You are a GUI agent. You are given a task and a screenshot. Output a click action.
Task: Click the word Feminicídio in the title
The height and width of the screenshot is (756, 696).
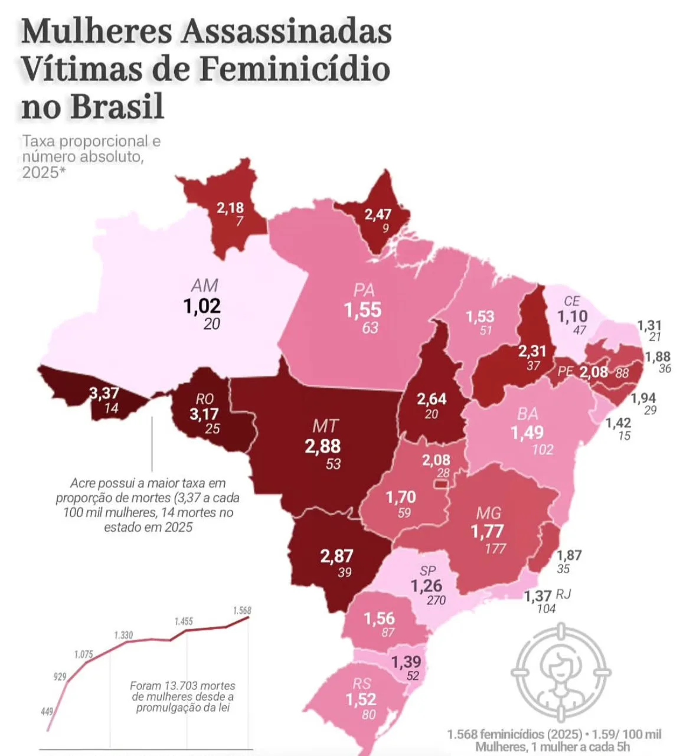pos(294,70)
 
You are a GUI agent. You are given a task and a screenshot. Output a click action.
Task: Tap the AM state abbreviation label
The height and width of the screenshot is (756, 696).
pos(205,286)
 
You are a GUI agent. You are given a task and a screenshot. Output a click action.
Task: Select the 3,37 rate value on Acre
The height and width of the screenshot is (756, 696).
pos(104,393)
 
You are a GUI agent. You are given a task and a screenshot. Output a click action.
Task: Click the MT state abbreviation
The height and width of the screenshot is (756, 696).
pos(325,426)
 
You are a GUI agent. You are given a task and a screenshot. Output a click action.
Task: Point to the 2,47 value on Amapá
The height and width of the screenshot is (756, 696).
pos(378,214)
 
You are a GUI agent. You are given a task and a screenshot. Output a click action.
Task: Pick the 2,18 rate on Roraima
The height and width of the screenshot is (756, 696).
pos(230,208)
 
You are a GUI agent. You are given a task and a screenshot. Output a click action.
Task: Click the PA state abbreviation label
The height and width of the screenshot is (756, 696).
pos(364,290)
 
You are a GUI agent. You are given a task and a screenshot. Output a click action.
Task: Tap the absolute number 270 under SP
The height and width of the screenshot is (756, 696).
pos(436,600)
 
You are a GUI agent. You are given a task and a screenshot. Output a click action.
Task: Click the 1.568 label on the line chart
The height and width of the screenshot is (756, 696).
pos(242,611)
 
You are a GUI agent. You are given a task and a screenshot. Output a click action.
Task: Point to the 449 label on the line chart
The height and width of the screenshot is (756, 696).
pos(47,712)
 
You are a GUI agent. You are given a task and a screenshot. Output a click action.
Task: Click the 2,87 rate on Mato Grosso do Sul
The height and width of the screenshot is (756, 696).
pos(336,556)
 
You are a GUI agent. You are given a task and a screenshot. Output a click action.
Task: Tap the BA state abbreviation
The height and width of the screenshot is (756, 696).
pos(528,413)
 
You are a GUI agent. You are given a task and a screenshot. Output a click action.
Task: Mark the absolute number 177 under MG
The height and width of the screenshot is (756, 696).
pos(495,549)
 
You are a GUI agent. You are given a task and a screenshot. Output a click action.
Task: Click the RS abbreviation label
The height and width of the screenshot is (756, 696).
pos(362,683)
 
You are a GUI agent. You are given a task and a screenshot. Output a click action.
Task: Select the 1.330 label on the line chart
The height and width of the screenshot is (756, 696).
pos(123,635)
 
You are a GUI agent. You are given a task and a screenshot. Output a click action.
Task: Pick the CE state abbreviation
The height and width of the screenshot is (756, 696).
pos(571,302)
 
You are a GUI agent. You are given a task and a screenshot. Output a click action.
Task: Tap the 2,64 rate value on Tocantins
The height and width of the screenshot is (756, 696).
pos(432,399)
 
